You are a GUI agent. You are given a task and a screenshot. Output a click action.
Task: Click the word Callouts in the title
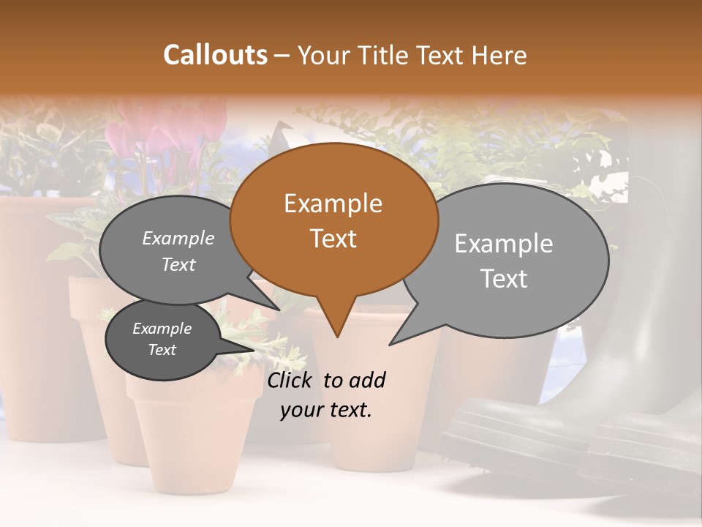(x=215, y=55)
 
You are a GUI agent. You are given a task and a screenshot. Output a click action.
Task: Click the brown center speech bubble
(x=333, y=220)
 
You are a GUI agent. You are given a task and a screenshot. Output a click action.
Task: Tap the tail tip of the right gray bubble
(x=392, y=343)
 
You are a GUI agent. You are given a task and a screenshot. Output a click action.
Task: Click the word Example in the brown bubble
(x=333, y=203)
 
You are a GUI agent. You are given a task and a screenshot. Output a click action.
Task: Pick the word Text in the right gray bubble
(x=504, y=279)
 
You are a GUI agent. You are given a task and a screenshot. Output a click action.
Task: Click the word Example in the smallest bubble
(x=162, y=329)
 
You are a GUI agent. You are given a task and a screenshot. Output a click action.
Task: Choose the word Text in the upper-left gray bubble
(x=178, y=265)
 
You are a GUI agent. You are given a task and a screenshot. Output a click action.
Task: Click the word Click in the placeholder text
(x=290, y=380)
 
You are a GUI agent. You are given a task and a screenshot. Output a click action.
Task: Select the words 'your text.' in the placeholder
(x=326, y=410)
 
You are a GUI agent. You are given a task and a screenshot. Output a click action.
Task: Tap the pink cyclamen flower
(x=146, y=132)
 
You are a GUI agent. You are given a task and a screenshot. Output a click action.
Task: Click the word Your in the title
(x=323, y=55)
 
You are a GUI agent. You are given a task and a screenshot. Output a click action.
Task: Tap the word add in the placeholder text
(x=366, y=380)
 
